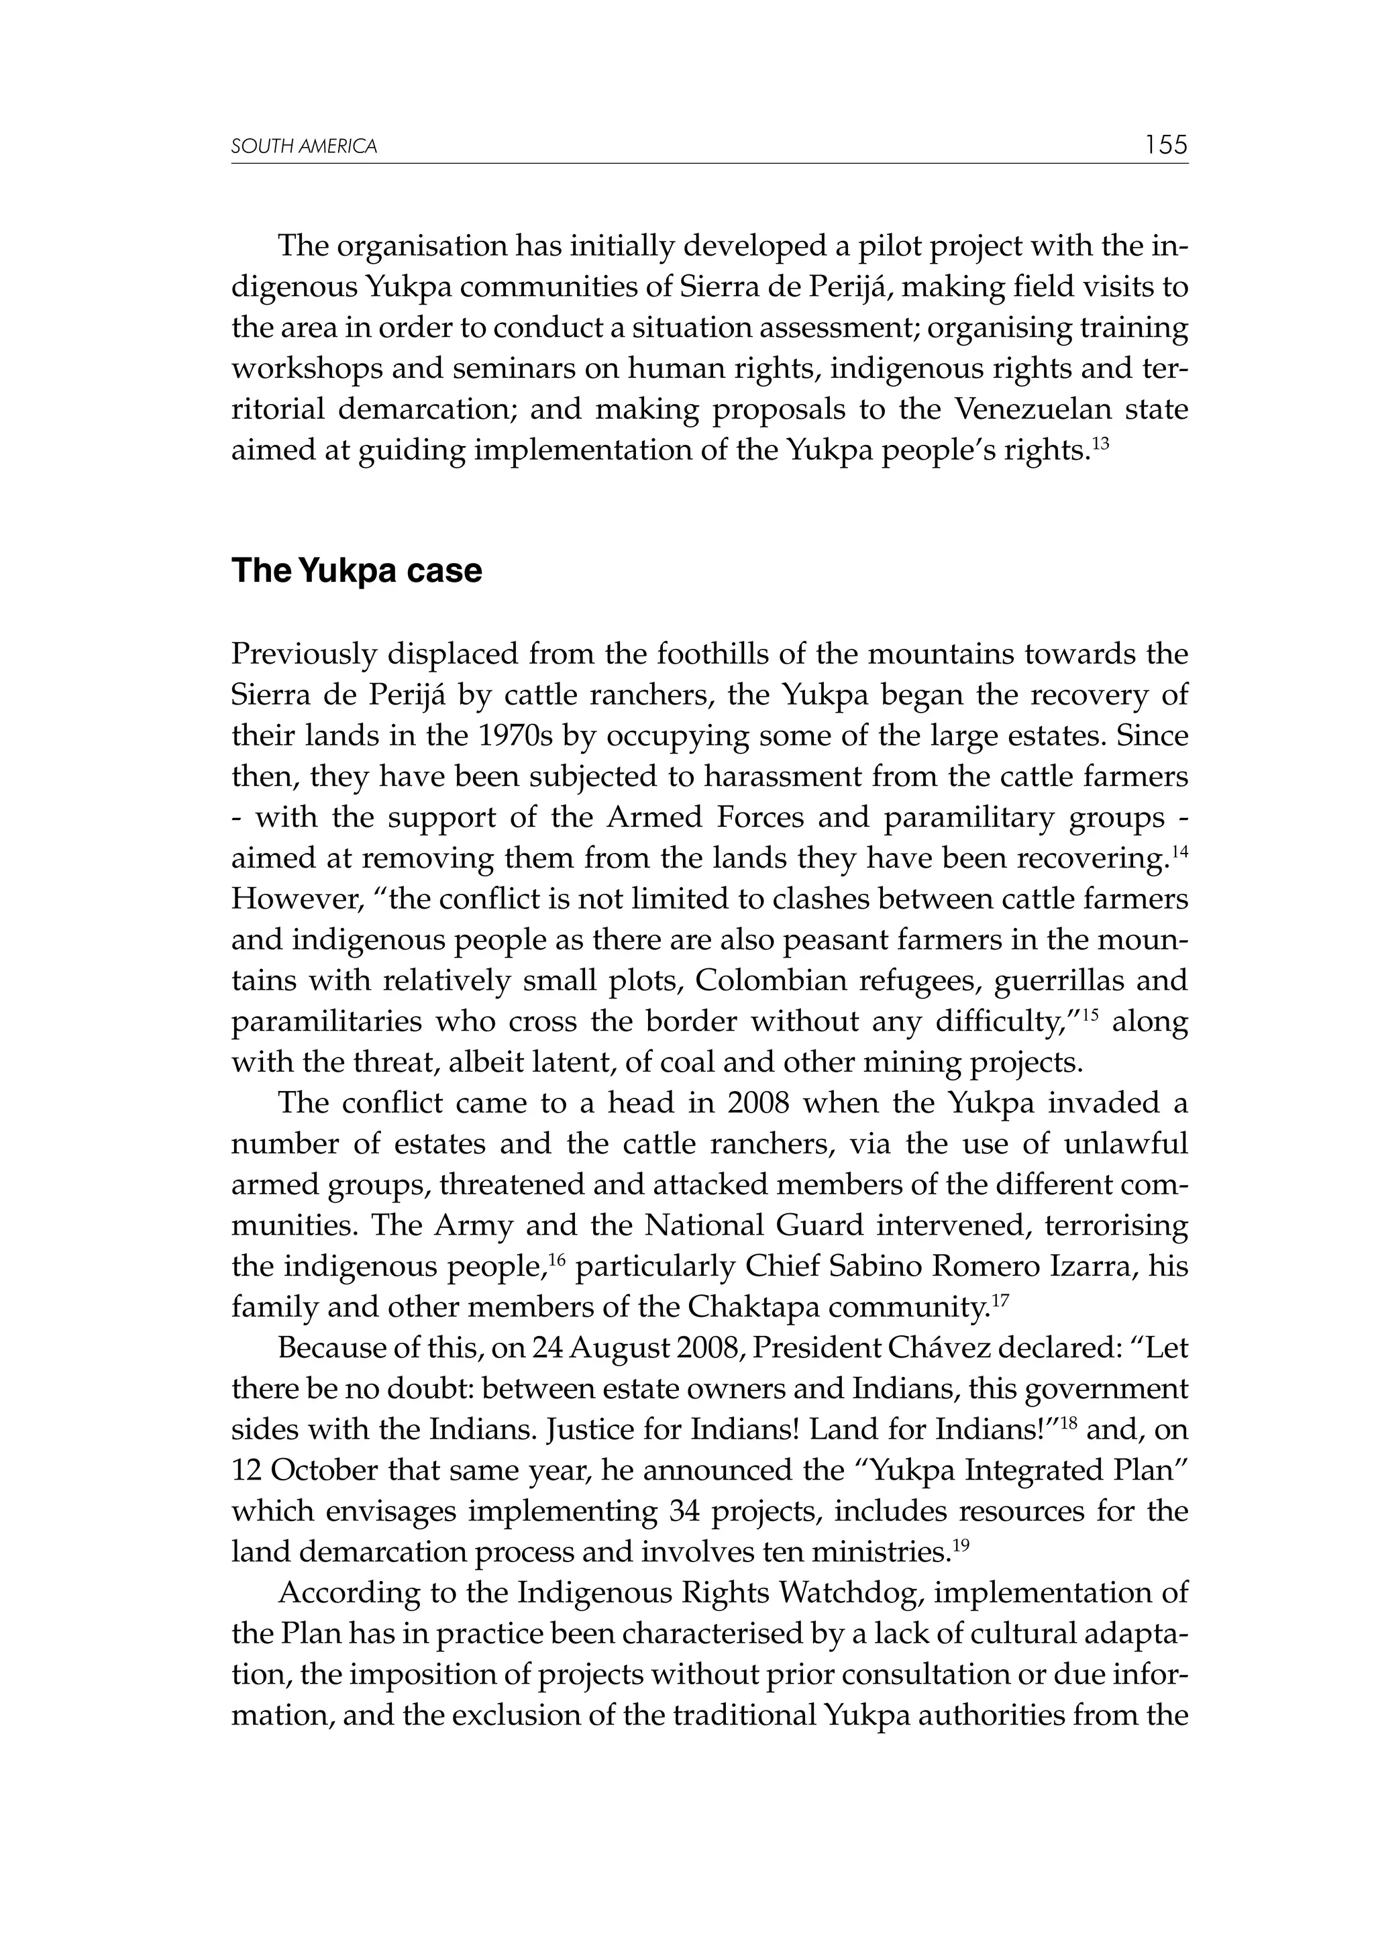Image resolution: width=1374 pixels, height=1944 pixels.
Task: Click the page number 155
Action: [x=1167, y=145]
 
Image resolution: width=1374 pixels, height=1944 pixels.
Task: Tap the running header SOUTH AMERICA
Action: [x=304, y=148]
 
